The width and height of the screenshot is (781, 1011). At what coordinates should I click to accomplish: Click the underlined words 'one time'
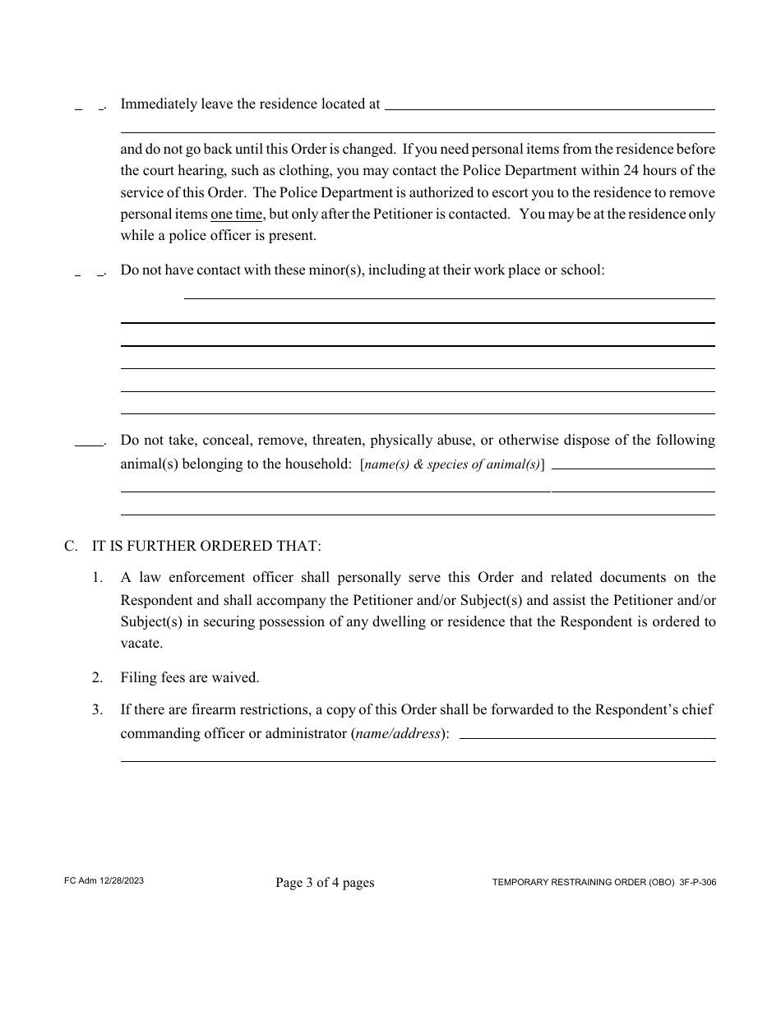point(237,215)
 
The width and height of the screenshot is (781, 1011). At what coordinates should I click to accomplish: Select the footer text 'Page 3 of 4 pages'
point(325,883)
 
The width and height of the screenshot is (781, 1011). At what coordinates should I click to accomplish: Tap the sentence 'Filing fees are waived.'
point(190,678)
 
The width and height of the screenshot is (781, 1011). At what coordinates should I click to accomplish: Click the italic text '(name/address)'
point(400,733)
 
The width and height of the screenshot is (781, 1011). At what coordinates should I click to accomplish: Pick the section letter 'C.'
point(72,546)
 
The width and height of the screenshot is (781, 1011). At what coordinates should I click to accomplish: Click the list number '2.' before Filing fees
point(98,678)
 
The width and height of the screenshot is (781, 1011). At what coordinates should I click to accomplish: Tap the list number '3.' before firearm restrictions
point(98,709)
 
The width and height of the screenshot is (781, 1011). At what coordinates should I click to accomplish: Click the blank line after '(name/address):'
point(587,737)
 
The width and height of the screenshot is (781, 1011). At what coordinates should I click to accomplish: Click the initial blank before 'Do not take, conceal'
point(89,444)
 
